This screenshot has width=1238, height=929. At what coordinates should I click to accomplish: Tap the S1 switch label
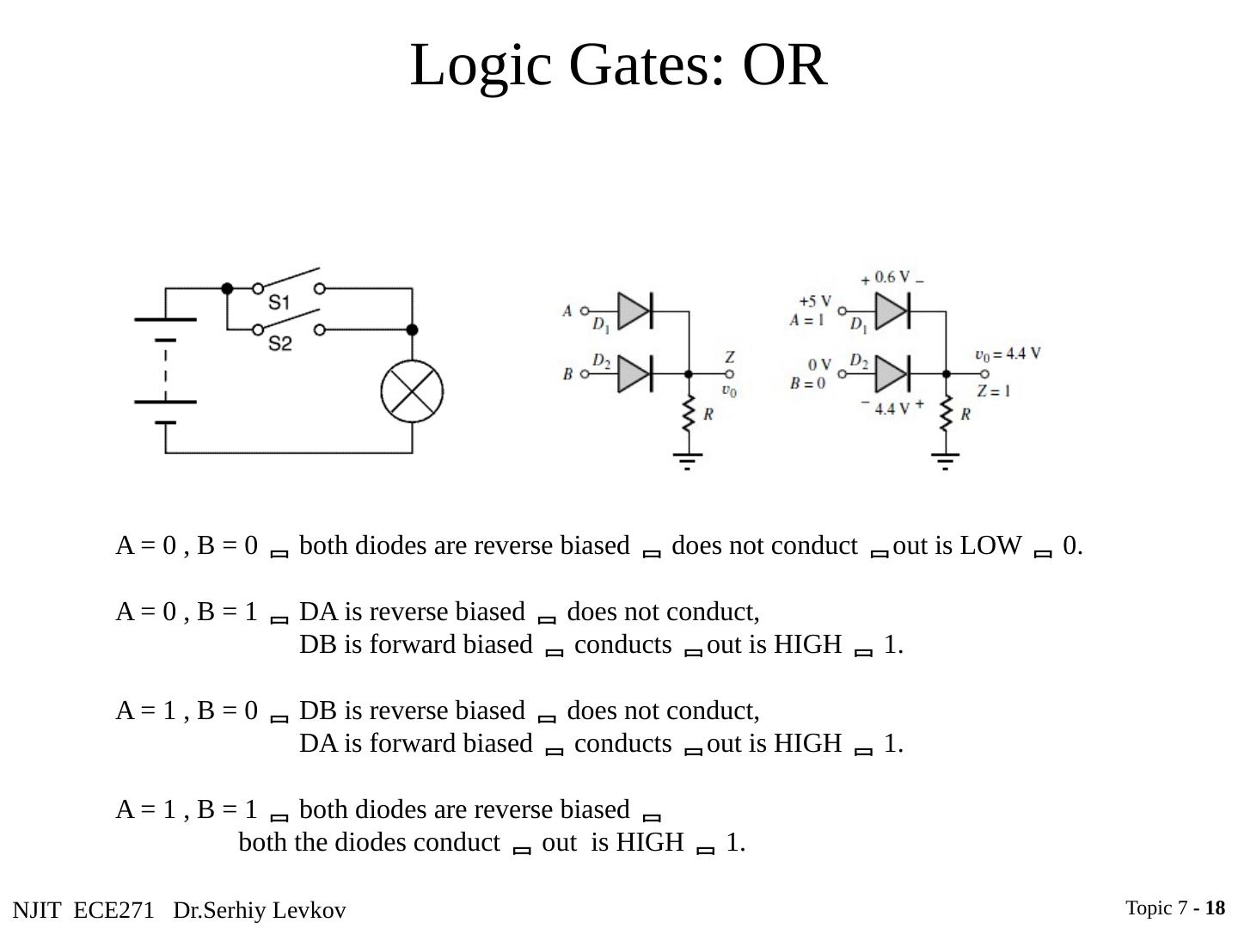279,303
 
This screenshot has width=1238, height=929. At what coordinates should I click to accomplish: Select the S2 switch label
279,344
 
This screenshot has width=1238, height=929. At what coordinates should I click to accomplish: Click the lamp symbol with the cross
412,391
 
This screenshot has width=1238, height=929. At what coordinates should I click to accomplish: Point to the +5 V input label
814,302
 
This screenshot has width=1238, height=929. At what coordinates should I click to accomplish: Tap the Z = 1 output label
993,391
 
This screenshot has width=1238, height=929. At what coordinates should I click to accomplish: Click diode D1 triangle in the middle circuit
634,311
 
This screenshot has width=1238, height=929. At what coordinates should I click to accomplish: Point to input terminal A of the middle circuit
585,311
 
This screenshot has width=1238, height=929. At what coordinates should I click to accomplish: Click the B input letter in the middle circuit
567,374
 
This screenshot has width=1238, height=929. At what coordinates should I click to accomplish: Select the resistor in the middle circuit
688,415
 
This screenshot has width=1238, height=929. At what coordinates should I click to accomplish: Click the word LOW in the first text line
990,546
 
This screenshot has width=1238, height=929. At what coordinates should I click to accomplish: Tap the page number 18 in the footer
1215,908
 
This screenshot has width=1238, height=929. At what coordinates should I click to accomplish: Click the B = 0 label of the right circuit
807,383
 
